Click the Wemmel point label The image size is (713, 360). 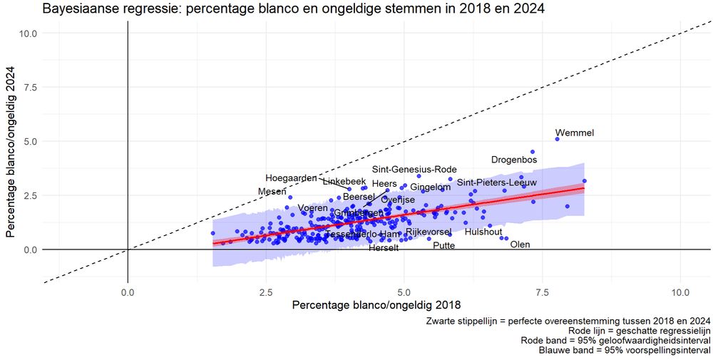574,133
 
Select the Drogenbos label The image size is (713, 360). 514,160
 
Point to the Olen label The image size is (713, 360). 520,245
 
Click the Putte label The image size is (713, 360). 443,246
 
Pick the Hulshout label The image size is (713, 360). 483,232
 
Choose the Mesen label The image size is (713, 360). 272,192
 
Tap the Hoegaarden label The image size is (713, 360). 291,178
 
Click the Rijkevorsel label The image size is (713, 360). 429,232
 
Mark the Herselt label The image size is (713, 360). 384,247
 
